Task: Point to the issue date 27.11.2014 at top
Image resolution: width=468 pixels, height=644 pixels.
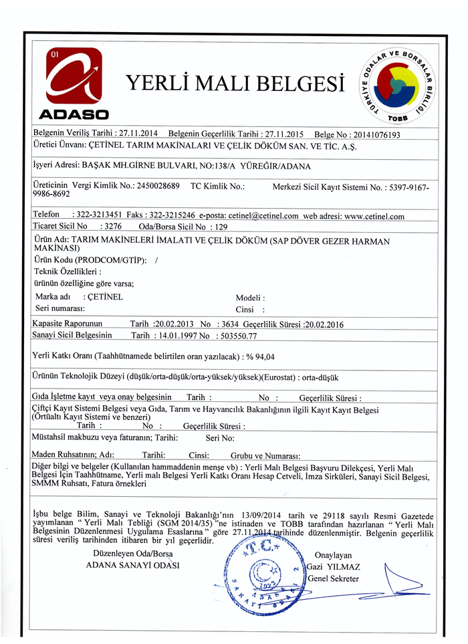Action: tap(137, 134)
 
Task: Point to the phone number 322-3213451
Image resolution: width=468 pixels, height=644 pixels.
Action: tap(96, 216)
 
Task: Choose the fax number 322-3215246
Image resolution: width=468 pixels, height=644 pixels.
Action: tap(172, 216)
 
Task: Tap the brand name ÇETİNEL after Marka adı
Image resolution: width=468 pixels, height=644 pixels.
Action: tap(105, 297)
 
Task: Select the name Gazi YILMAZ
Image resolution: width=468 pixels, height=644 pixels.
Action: tap(334, 568)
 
